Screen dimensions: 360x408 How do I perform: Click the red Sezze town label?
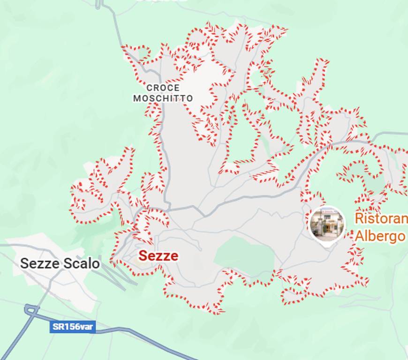[x=158, y=256]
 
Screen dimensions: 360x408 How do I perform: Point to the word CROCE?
[x=163, y=88]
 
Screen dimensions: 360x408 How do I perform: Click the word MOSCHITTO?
[x=163, y=98]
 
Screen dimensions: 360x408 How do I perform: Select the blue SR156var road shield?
[x=73, y=327]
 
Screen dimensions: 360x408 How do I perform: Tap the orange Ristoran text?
[x=380, y=218]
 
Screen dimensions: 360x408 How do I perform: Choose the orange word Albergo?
[x=380, y=236]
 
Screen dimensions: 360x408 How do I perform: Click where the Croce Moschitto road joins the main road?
[x=167, y=208]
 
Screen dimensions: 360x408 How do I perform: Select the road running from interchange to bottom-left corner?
[x=14, y=342]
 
